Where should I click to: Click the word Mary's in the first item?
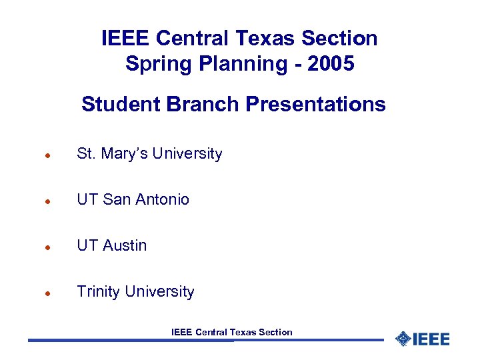coord(124,153)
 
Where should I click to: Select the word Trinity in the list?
coord(98,291)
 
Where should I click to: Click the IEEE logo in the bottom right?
coord(422,339)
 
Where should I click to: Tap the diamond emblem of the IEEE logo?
coord(402,339)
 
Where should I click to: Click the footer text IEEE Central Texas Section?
coord(231,332)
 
